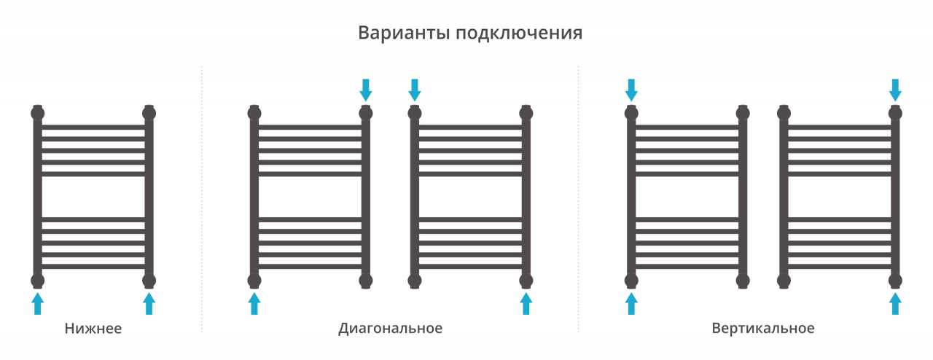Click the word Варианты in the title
coord(404,33)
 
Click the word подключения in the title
coord(519,34)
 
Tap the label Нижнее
coord(93,329)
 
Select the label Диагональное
coord(390,329)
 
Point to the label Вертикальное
coord(763,329)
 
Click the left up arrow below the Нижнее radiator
coord(37,303)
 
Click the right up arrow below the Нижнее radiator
coord(149,303)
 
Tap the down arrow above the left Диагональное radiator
coord(366,90)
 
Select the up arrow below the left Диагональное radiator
coord(254,303)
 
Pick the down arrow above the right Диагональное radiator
coord(415,90)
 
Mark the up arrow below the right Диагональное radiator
coord(526,303)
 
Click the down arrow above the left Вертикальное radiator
coord(631,90)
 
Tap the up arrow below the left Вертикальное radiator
coord(631,303)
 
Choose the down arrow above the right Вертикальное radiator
coord(896,90)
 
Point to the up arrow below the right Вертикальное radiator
coord(896,303)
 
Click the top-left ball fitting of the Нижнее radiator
coord(37,113)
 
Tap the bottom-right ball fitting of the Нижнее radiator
coord(149,281)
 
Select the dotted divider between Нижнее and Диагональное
coord(202,199)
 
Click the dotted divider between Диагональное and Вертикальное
coord(579,199)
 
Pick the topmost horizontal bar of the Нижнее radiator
coord(93,127)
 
